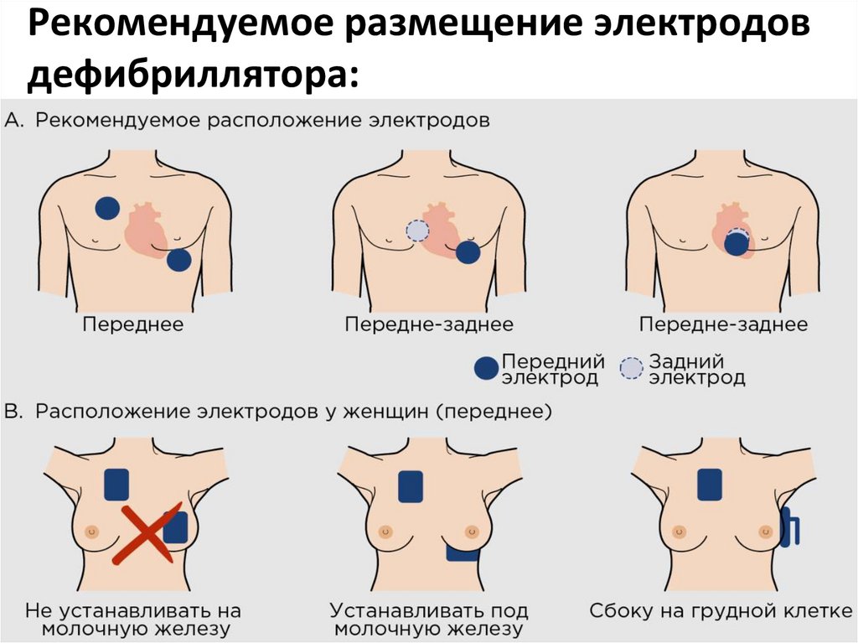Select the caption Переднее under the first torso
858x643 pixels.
point(132,324)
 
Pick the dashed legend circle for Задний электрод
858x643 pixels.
point(632,367)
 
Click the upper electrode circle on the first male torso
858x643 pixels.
point(106,208)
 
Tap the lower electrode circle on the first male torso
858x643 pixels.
point(178,260)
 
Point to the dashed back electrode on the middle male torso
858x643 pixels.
point(417,231)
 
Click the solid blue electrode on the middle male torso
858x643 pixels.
point(468,251)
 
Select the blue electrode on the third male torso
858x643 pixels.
point(737,244)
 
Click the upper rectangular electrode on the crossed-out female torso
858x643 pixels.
point(116,485)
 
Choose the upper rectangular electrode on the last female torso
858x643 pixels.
point(710,485)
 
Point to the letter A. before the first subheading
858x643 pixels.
point(15,120)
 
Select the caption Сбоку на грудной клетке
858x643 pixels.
point(720,610)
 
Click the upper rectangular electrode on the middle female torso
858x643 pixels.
point(410,486)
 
